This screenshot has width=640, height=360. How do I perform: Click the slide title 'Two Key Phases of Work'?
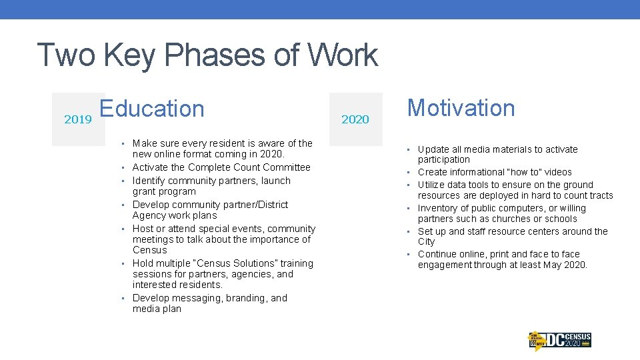[207, 55]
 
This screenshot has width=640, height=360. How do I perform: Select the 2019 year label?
[78, 119]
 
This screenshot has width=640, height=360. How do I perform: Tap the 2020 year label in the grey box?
[355, 119]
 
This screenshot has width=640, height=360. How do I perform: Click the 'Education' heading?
[152, 108]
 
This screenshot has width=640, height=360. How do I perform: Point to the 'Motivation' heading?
[461, 107]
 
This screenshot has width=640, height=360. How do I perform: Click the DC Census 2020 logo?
[560, 340]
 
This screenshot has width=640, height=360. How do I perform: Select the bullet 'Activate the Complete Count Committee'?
[221, 167]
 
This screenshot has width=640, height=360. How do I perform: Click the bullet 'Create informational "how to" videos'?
[495, 172]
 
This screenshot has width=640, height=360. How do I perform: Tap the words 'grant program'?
[164, 191]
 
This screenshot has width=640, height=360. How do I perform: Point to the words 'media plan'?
[157, 309]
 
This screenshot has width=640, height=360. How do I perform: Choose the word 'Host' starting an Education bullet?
[143, 229]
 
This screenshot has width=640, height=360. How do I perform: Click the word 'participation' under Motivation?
[444, 160]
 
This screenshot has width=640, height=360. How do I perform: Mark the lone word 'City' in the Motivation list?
[426, 241]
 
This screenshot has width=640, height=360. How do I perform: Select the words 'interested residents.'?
[177, 285]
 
